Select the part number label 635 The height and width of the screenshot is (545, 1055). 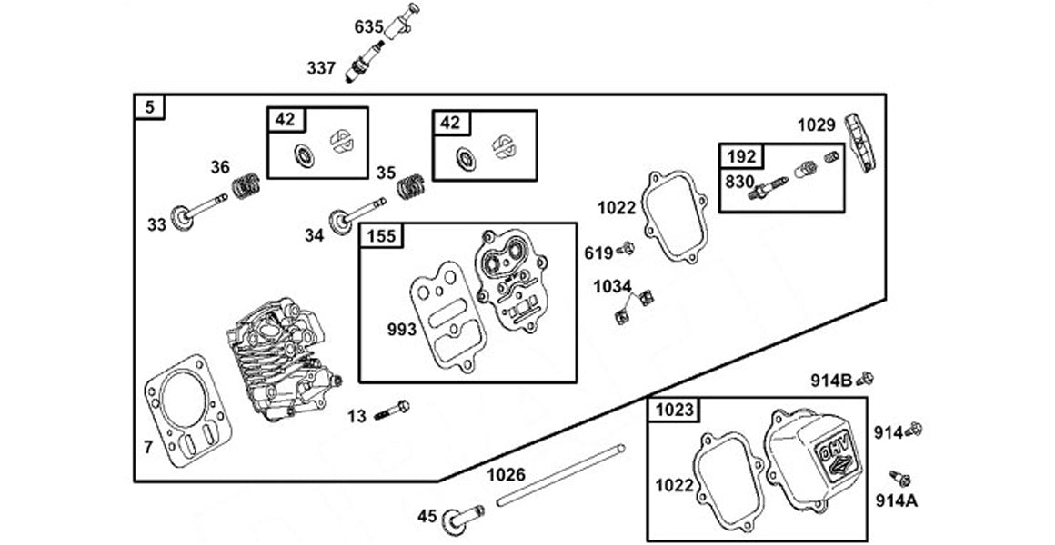coord(367,26)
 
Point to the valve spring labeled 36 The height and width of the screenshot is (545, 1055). coord(244,185)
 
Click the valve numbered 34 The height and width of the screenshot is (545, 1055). coord(358,213)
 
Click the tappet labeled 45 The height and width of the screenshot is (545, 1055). coord(464,518)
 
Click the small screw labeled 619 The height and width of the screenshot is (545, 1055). coord(625,248)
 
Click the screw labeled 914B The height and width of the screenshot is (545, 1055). coord(866,378)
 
